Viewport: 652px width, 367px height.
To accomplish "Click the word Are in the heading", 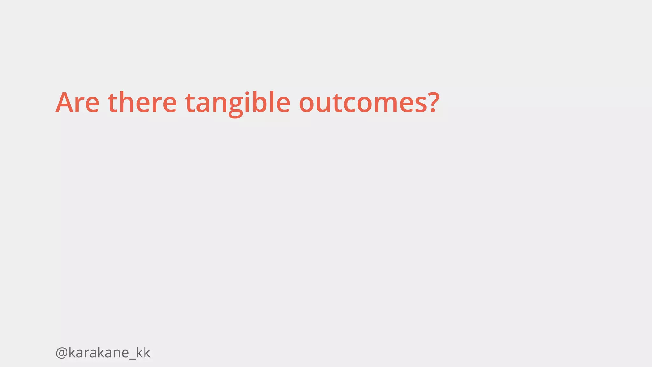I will tap(77, 103).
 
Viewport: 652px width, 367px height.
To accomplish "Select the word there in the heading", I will tap(142, 103).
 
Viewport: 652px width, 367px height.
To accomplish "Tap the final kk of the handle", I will tap(143, 353).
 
